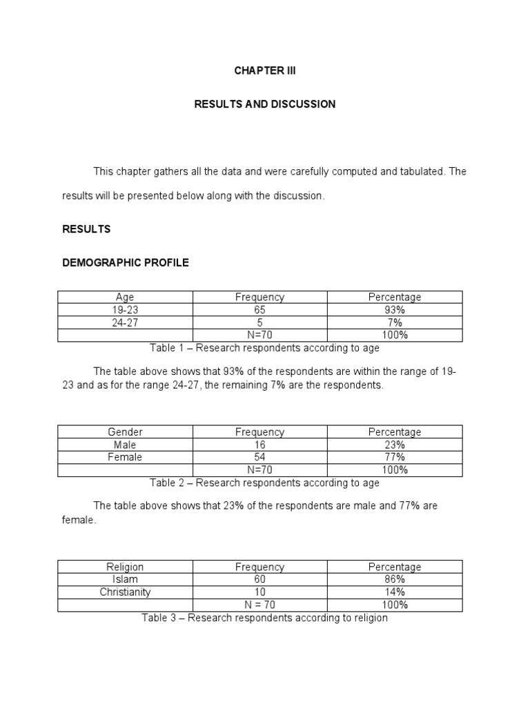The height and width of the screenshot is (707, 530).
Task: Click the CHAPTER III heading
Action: (x=265, y=71)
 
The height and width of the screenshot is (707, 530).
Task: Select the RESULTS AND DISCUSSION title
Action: (x=265, y=104)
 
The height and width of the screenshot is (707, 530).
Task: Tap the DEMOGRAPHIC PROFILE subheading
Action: (x=126, y=263)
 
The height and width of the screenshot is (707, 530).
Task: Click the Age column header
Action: (x=125, y=298)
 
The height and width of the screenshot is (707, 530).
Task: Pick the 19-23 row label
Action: (x=125, y=310)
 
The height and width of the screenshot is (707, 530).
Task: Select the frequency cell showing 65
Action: (x=259, y=310)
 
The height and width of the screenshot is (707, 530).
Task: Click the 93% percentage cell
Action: (x=395, y=310)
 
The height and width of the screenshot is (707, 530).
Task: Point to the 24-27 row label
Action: (x=125, y=322)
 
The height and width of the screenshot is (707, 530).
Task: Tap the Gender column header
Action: (x=125, y=432)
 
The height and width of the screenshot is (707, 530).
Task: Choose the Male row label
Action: (x=125, y=445)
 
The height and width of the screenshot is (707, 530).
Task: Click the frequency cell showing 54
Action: (x=259, y=457)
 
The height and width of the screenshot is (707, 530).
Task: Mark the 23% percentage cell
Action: (x=395, y=445)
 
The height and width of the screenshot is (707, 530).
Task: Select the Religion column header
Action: (x=125, y=567)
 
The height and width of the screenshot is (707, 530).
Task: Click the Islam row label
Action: (x=125, y=579)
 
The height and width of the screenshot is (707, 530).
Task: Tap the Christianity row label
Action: (x=125, y=592)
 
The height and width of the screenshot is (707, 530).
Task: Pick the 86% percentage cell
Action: (x=395, y=579)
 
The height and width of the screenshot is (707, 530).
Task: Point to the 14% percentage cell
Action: (x=395, y=592)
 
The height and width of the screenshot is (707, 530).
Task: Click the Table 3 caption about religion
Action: (x=265, y=618)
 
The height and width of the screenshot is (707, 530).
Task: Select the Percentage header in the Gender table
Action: (x=395, y=432)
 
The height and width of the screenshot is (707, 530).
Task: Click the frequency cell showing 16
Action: (x=259, y=445)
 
